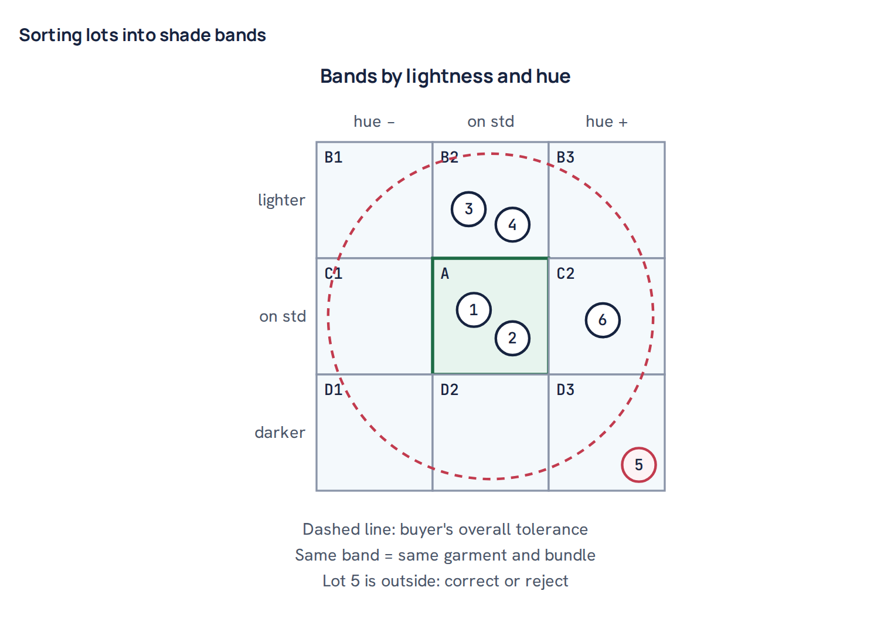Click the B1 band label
(x=334, y=157)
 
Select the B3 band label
(x=565, y=157)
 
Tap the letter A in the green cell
(x=445, y=274)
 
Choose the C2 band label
(x=565, y=274)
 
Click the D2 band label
(x=450, y=390)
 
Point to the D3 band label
(x=565, y=390)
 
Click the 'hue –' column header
(x=374, y=122)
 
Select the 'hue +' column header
(x=607, y=122)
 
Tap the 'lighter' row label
(x=281, y=200)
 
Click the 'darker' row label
(x=280, y=432)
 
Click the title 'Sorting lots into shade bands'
(x=142, y=35)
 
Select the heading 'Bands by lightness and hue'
(x=445, y=76)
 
